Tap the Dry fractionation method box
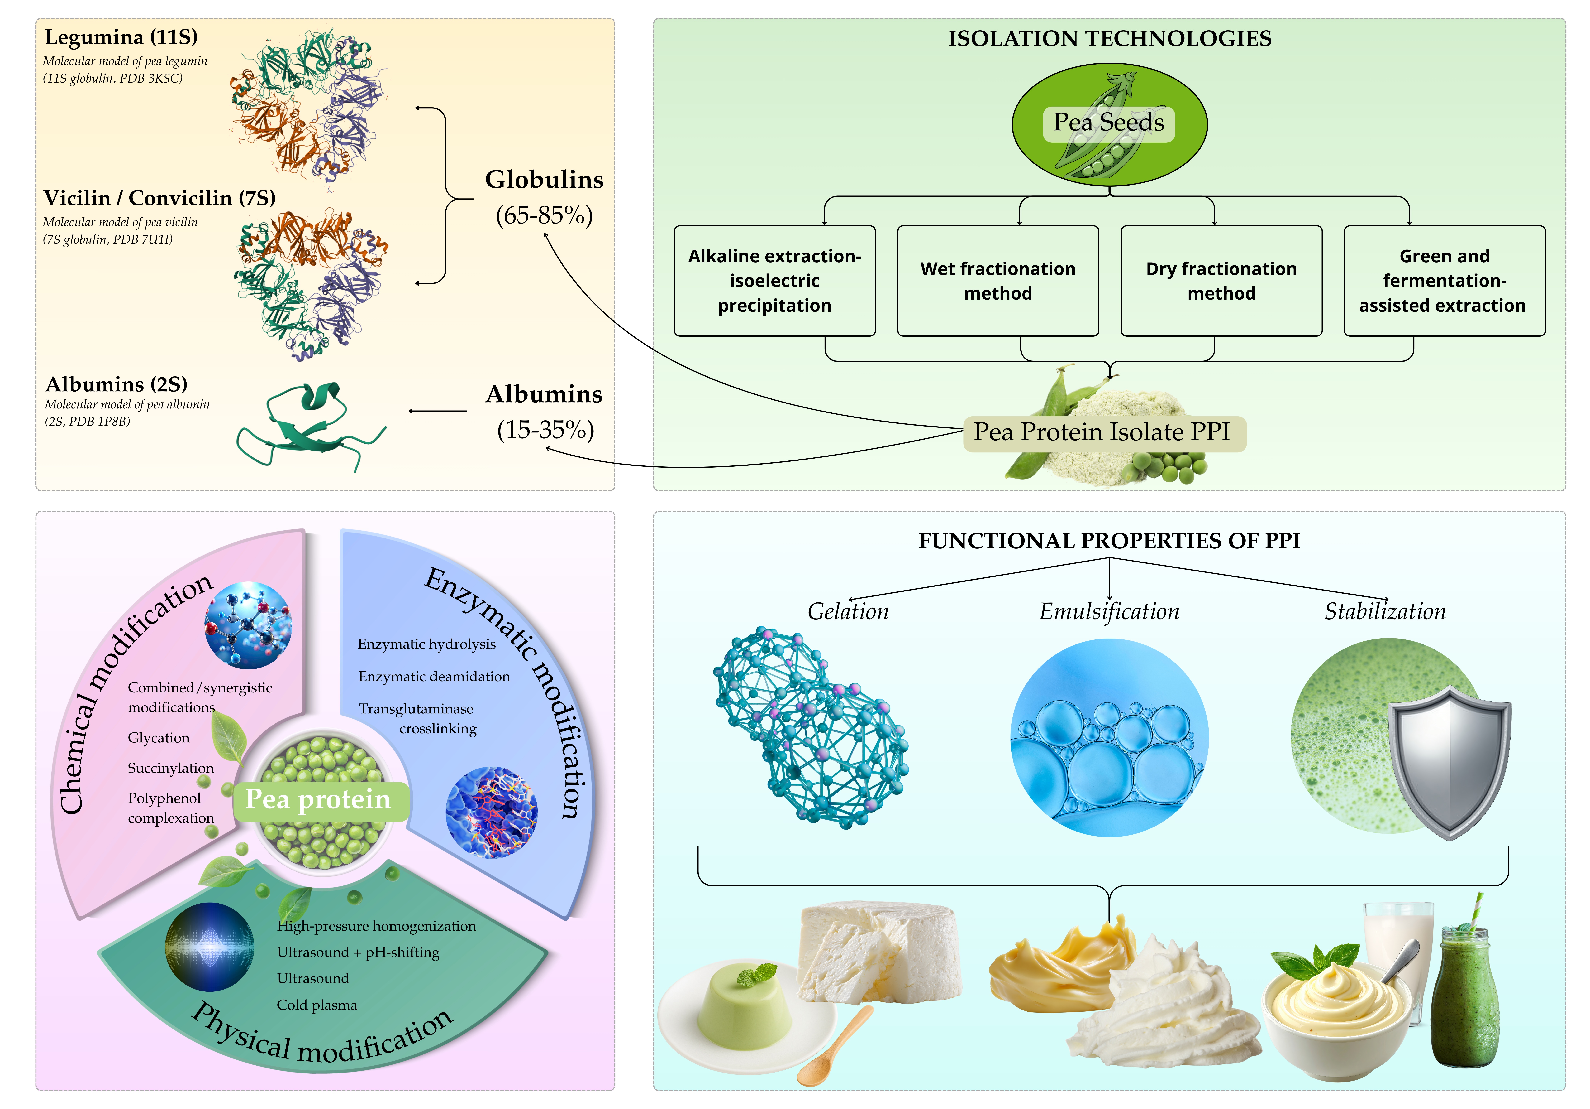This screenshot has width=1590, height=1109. coord(1221,281)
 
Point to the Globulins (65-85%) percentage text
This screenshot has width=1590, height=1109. coord(544,215)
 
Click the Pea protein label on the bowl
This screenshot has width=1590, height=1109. coord(319,800)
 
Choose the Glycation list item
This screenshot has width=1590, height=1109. coord(159,738)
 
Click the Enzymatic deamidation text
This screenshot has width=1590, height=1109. coord(434,677)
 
